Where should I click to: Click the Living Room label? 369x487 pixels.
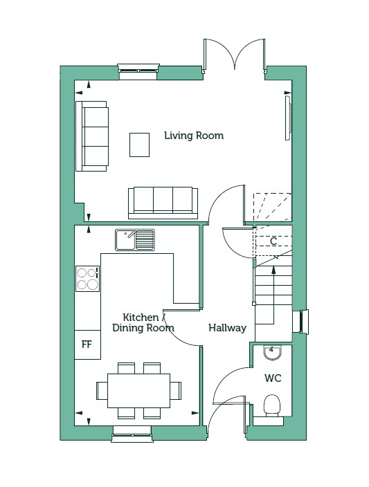(194, 136)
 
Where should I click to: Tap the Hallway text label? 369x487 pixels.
(227, 328)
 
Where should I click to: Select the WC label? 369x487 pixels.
(273, 378)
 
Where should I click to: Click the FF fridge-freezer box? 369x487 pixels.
(87, 344)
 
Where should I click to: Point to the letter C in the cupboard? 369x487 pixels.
(273, 241)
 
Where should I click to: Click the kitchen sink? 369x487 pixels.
(135, 240)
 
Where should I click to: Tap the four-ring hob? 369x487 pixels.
(88, 279)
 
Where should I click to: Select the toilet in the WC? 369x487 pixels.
(272, 405)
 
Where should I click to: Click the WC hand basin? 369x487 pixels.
(272, 353)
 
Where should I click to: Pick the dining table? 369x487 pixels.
(138, 391)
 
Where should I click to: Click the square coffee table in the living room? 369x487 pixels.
(140, 145)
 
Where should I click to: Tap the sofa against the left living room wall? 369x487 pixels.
(92, 136)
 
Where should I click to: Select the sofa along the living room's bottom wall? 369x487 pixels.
(163, 203)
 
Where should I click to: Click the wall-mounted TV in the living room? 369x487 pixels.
(288, 118)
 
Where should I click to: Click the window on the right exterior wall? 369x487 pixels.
(300, 322)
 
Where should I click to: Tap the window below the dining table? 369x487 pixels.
(132, 434)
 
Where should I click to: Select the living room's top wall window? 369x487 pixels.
(138, 69)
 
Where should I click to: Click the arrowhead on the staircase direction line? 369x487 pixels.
(273, 270)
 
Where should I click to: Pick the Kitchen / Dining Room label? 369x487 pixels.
(143, 322)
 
